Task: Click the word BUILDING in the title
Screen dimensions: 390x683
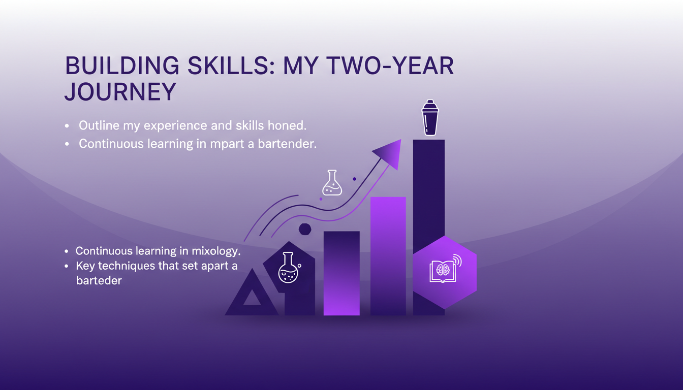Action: [x=122, y=66]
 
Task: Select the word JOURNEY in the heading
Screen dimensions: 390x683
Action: [x=120, y=91]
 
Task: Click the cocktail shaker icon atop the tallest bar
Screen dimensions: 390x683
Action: [x=430, y=118]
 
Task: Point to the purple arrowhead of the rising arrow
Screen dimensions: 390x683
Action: [x=389, y=154]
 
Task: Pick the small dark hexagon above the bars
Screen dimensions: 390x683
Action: [x=305, y=229]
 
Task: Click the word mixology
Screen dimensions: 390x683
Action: [x=216, y=251]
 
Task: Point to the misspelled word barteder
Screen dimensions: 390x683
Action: [x=99, y=280]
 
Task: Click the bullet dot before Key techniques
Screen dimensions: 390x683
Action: [x=67, y=266]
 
